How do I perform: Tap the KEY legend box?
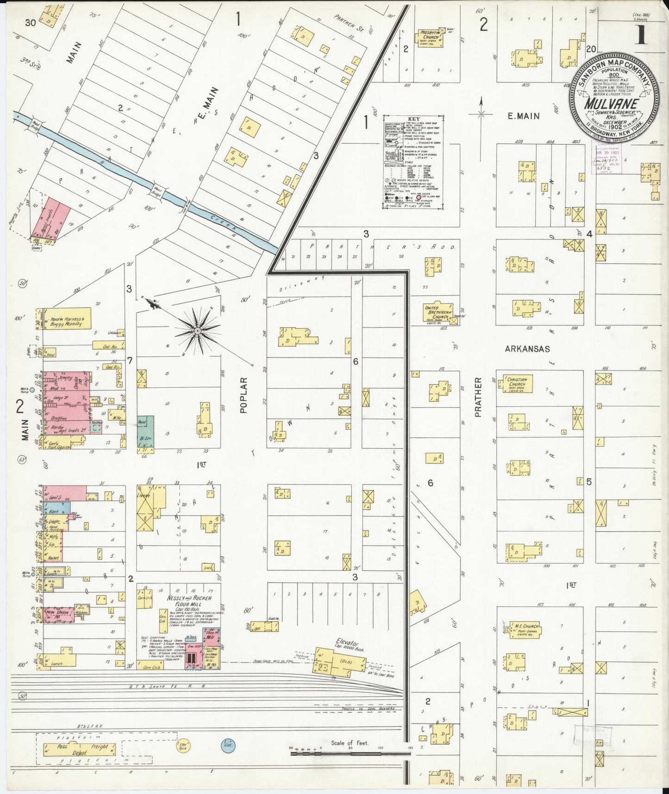[413, 162]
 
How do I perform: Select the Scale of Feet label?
[349, 743]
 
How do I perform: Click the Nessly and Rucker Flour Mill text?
[190, 601]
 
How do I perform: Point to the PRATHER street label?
[479, 397]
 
